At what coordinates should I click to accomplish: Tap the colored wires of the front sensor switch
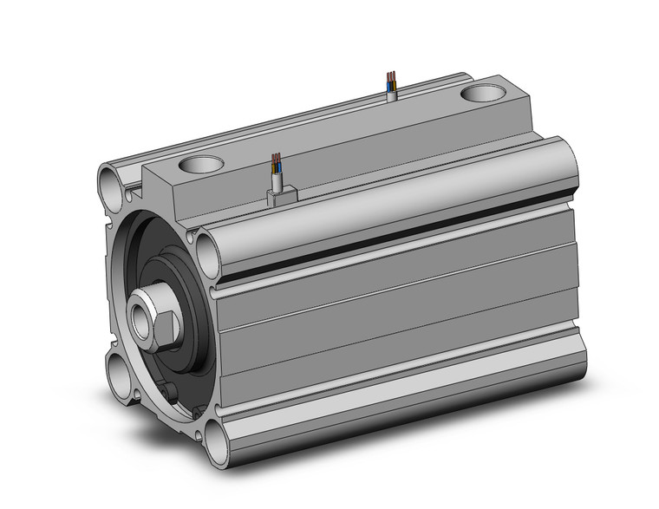click(x=276, y=162)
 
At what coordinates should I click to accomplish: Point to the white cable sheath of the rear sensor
click(x=391, y=94)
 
